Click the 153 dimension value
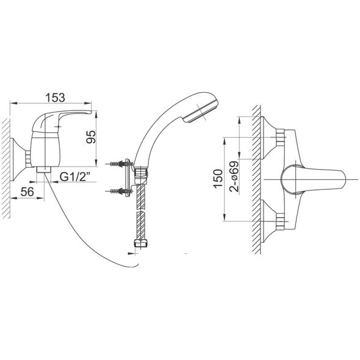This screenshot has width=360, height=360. [55, 98]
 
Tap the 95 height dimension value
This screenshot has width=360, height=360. [91, 137]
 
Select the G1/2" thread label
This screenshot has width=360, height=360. [75, 177]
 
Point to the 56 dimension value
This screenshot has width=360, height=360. [27, 192]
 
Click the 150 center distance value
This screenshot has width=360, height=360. [218, 179]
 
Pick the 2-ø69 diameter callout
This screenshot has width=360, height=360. [234, 176]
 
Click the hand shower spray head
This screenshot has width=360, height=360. [200, 108]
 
